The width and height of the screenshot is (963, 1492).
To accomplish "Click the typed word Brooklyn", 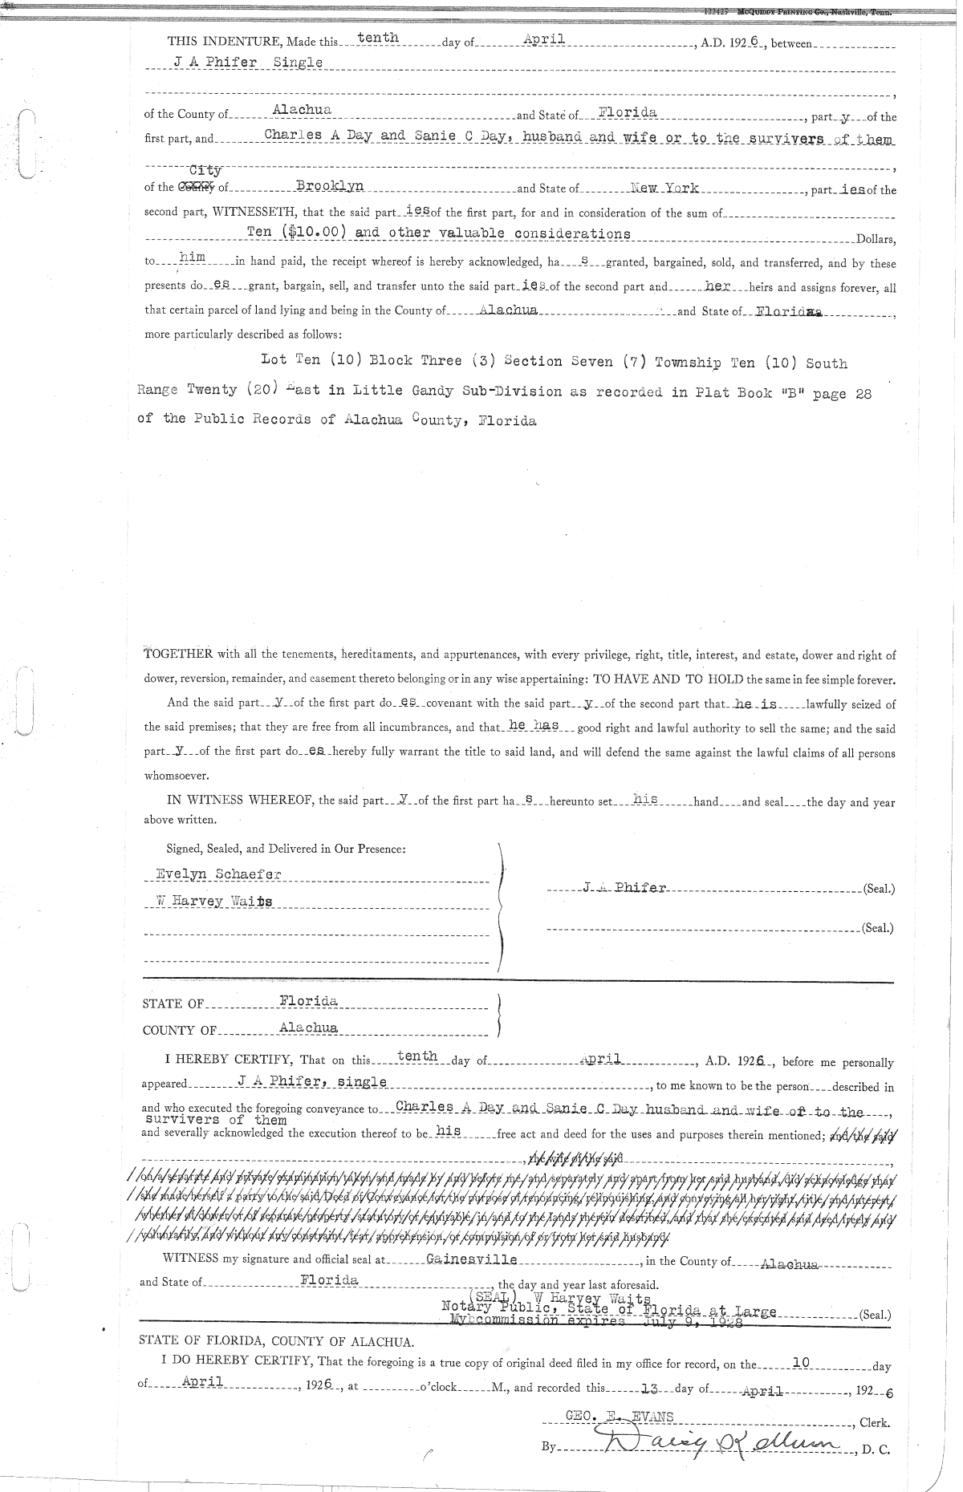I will pos(330,186).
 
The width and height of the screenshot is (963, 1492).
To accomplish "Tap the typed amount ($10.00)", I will pos(314,233).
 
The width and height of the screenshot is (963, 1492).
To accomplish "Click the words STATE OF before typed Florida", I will pos(173,1003).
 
